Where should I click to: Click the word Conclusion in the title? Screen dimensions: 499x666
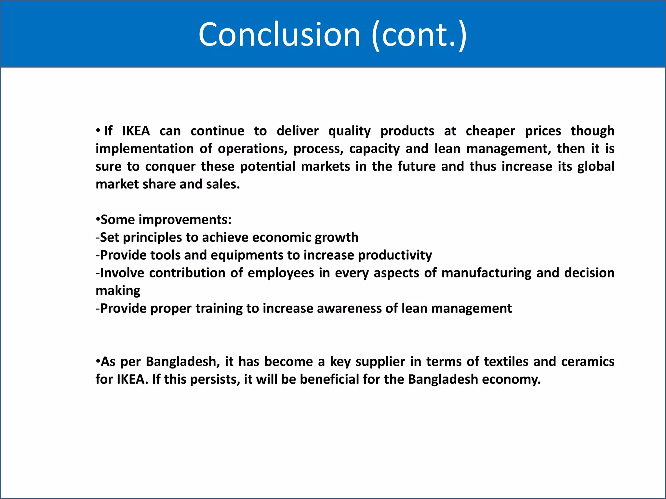(x=279, y=34)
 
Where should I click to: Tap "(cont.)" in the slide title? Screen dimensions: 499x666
(x=419, y=35)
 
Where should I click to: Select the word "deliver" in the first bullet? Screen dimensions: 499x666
(x=298, y=131)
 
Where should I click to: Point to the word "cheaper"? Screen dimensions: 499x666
(x=490, y=131)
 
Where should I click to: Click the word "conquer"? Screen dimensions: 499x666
(x=170, y=167)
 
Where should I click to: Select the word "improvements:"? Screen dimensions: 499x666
(x=185, y=220)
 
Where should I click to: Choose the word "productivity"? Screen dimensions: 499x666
(x=395, y=255)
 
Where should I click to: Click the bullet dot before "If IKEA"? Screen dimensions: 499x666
(x=98, y=131)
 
